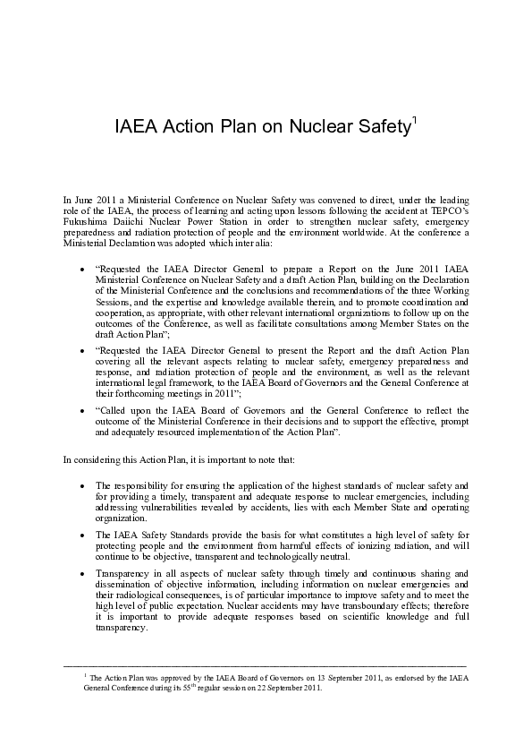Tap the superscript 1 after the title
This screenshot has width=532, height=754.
(x=412, y=119)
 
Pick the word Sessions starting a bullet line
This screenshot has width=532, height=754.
(x=114, y=302)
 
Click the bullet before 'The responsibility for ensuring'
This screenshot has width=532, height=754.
(x=83, y=484)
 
